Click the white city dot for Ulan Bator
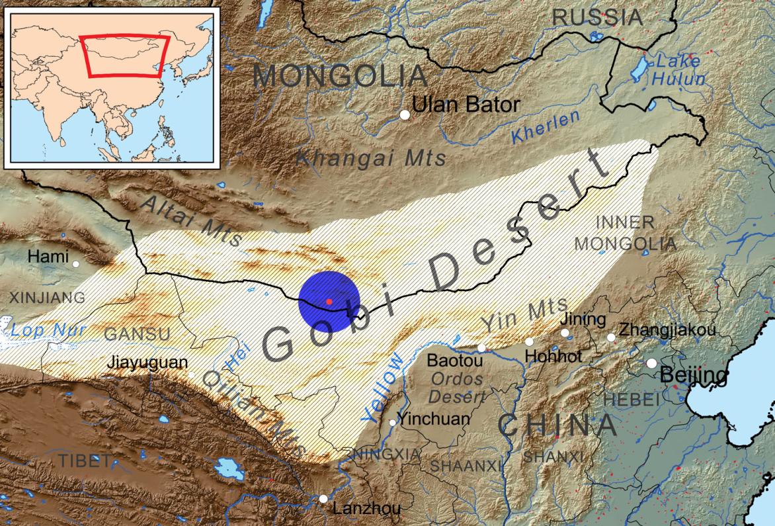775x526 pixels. (405, 115)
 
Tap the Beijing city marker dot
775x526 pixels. (652, 363)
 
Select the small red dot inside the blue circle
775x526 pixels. (329, 302)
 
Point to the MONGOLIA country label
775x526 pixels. (340, 76)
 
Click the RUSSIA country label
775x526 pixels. (597, 17)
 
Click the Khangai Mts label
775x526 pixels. (370, 158)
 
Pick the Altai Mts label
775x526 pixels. (192, 220)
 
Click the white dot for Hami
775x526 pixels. (76, 264)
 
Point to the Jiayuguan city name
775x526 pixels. (146, 363)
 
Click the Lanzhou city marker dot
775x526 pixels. (323, 499)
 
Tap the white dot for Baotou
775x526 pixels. (481, 347)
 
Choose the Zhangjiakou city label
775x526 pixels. (667, 329)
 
